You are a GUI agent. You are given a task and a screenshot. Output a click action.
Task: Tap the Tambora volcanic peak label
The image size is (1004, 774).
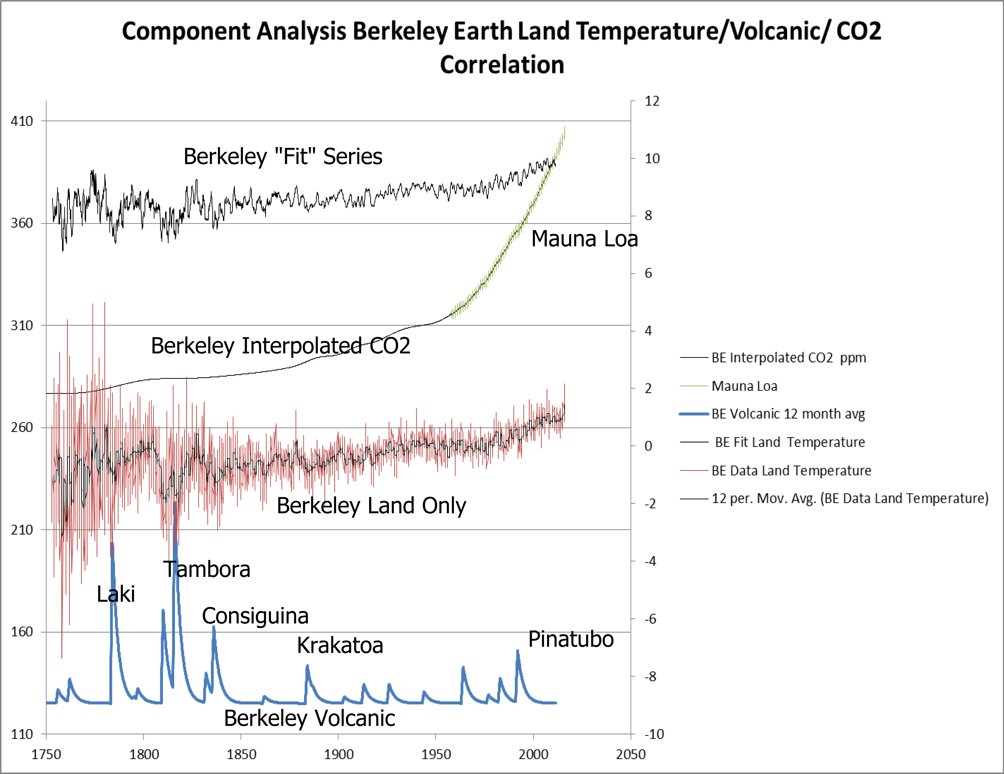tap(207, 570)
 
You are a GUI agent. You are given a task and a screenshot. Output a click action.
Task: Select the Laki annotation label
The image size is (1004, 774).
tap(116, 594)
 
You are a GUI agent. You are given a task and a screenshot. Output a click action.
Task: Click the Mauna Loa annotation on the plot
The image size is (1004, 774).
tap(584, 239)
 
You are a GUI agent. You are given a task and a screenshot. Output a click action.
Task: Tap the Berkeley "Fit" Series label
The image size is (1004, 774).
tap(283, 157)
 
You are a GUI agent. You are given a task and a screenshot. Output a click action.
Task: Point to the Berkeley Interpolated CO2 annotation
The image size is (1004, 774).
tap(280, 346)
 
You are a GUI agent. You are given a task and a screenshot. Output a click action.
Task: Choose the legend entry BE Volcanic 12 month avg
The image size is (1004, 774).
tap(788, 414)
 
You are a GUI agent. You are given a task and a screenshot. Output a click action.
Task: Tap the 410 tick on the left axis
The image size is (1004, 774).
tap(22, 121)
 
